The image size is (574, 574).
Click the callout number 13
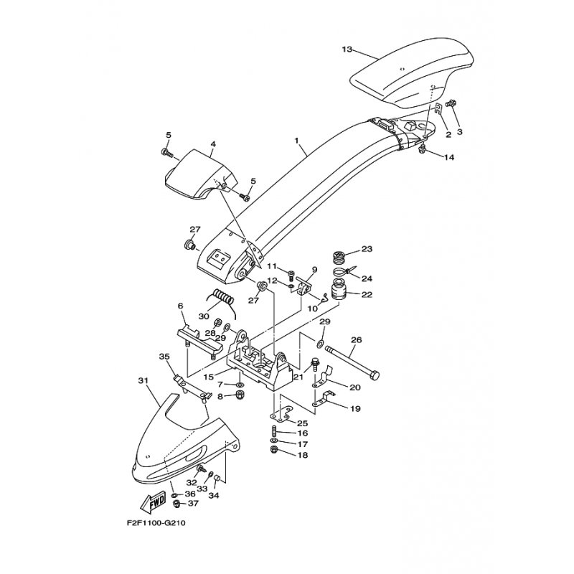coord(347,50)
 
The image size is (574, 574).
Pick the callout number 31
coord(142,381)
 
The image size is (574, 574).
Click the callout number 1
coord(296,141)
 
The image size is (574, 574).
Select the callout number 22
coord(367,294)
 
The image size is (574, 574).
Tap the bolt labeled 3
coord(452,105)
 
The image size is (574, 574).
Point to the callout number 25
coord(303,424)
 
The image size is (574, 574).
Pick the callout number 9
coord(314,270)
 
